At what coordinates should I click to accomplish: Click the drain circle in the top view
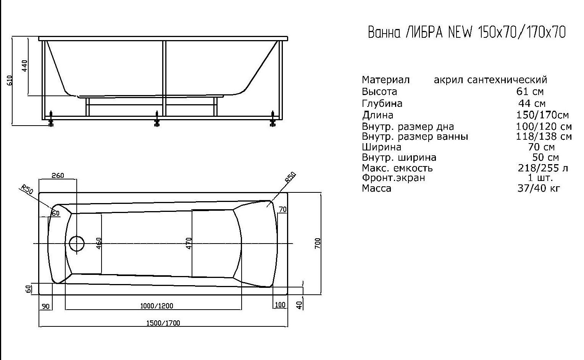click(x=77, y=243)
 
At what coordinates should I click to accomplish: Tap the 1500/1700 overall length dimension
click(x=163, y=323)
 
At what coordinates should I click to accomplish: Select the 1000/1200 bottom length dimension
click(x=157, y=306)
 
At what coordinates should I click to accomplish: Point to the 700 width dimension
click(x=318, y=244)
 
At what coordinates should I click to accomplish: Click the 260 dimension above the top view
click(x=58, y=176)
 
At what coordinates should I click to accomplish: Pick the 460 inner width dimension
click(x=99, y=244)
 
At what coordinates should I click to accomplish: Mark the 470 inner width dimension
click(x=189, y=243)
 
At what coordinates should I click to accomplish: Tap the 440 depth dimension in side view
click(x=24, y=66)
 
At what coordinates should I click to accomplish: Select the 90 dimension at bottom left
click(x=46, y=306)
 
